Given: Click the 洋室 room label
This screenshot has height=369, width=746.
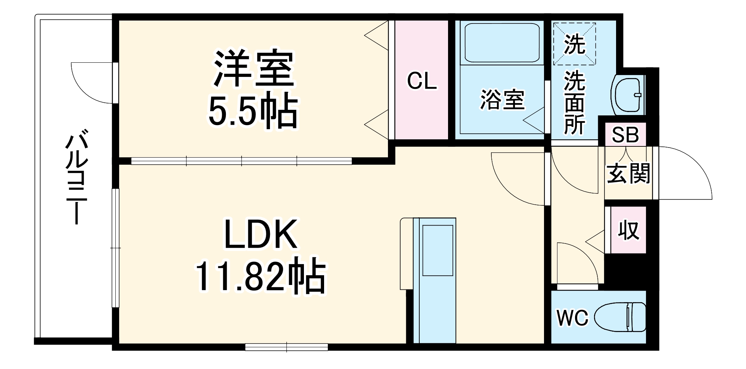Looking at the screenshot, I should click(254, 69).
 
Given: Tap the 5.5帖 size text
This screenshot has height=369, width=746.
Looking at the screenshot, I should click(253, 111).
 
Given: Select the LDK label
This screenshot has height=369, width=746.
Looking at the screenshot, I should click(260, 235).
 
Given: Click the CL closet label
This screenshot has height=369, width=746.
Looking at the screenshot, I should click(422, 81).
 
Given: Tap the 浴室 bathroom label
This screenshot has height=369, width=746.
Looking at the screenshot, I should click(502, 100).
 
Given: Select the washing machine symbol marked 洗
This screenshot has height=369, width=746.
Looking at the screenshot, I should click(574, 44).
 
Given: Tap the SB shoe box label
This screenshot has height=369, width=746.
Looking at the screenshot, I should click(625, 135).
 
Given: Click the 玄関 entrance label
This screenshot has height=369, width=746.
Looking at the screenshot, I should click(629, 174).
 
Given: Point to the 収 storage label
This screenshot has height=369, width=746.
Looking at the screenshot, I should click(628, 230).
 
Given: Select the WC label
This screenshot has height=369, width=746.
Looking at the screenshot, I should click(572, 318).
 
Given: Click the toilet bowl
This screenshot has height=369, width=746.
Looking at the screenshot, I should click(620, 317).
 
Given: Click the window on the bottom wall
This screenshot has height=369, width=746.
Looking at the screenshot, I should click(286, 347).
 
